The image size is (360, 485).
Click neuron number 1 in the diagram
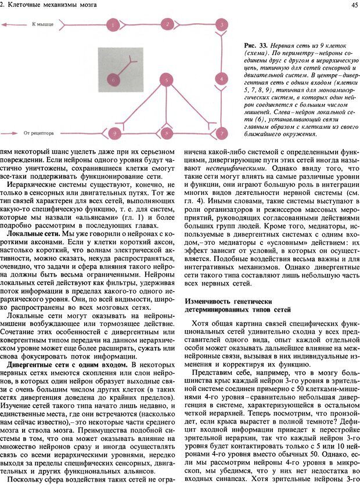coord(113,26)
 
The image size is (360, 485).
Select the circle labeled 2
coord(167,24)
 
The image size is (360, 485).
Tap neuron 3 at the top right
coord(221,26)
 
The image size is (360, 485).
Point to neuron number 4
coord(221,78)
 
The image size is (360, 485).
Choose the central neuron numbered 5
coord(167,79)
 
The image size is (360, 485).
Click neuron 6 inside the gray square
coord(114,79)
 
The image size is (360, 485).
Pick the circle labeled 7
coord(221,133)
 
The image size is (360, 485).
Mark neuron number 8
coord(167,134)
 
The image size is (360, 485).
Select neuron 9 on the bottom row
coord(116,134)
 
